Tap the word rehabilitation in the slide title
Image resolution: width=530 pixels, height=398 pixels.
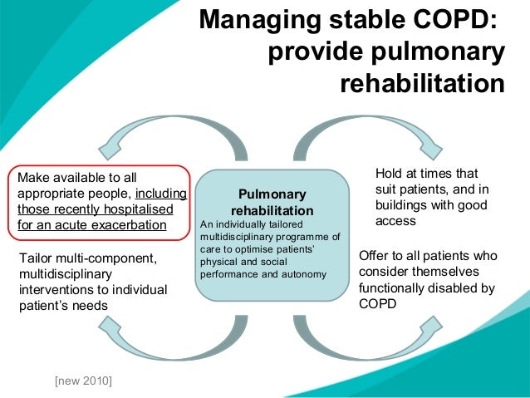(x=422, y=85)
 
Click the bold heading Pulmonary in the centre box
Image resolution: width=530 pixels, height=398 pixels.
(x=272, y=194)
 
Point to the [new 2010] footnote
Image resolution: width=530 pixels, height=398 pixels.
(x=84, y=381)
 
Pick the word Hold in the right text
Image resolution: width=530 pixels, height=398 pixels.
(x=390, y=174)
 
